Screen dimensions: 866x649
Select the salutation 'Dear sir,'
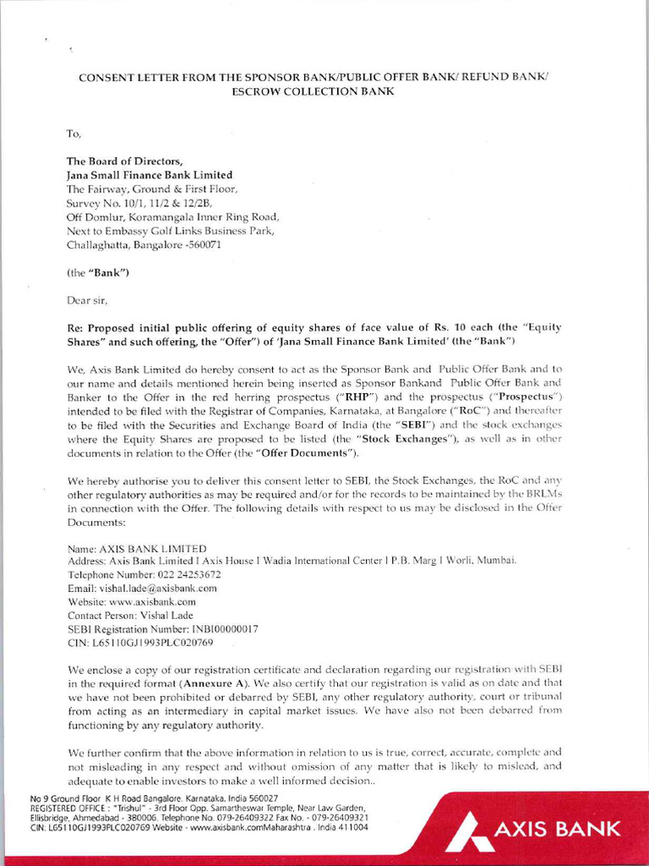[87, 299]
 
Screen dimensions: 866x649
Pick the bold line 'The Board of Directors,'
[124, 162]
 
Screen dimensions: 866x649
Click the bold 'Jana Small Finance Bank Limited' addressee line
[150, 175]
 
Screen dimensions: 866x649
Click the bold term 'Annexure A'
[210, 682]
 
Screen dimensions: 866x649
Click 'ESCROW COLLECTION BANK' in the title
[313, 90]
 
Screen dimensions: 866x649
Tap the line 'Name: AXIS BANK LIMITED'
[136, 547]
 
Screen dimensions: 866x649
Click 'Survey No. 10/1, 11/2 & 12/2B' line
[139, 203]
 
